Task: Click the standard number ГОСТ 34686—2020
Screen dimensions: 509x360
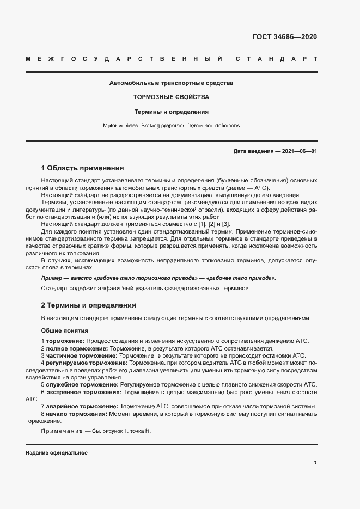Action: pos(284,37)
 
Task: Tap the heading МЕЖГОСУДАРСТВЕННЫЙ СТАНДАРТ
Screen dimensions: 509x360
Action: pos(171,58)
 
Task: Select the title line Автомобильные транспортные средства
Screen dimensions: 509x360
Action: pos(171,83)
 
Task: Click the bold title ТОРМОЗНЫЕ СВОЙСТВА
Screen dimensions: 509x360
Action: pos(171,97)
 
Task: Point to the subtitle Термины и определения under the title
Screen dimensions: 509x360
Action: pos(171,112)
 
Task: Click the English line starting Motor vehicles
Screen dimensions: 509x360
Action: pos(171,125)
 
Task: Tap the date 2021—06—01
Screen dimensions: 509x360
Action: pos(299,151)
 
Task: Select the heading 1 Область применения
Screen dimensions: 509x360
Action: pos(83,168)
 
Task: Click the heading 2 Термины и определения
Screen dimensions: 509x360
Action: pos(89,305)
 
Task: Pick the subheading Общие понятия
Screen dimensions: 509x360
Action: pos(65,330)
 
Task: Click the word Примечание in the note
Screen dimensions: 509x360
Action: pos(60,431)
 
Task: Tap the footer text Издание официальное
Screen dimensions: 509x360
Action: pos(57,453)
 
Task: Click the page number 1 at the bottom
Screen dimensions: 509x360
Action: pos(315,463)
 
